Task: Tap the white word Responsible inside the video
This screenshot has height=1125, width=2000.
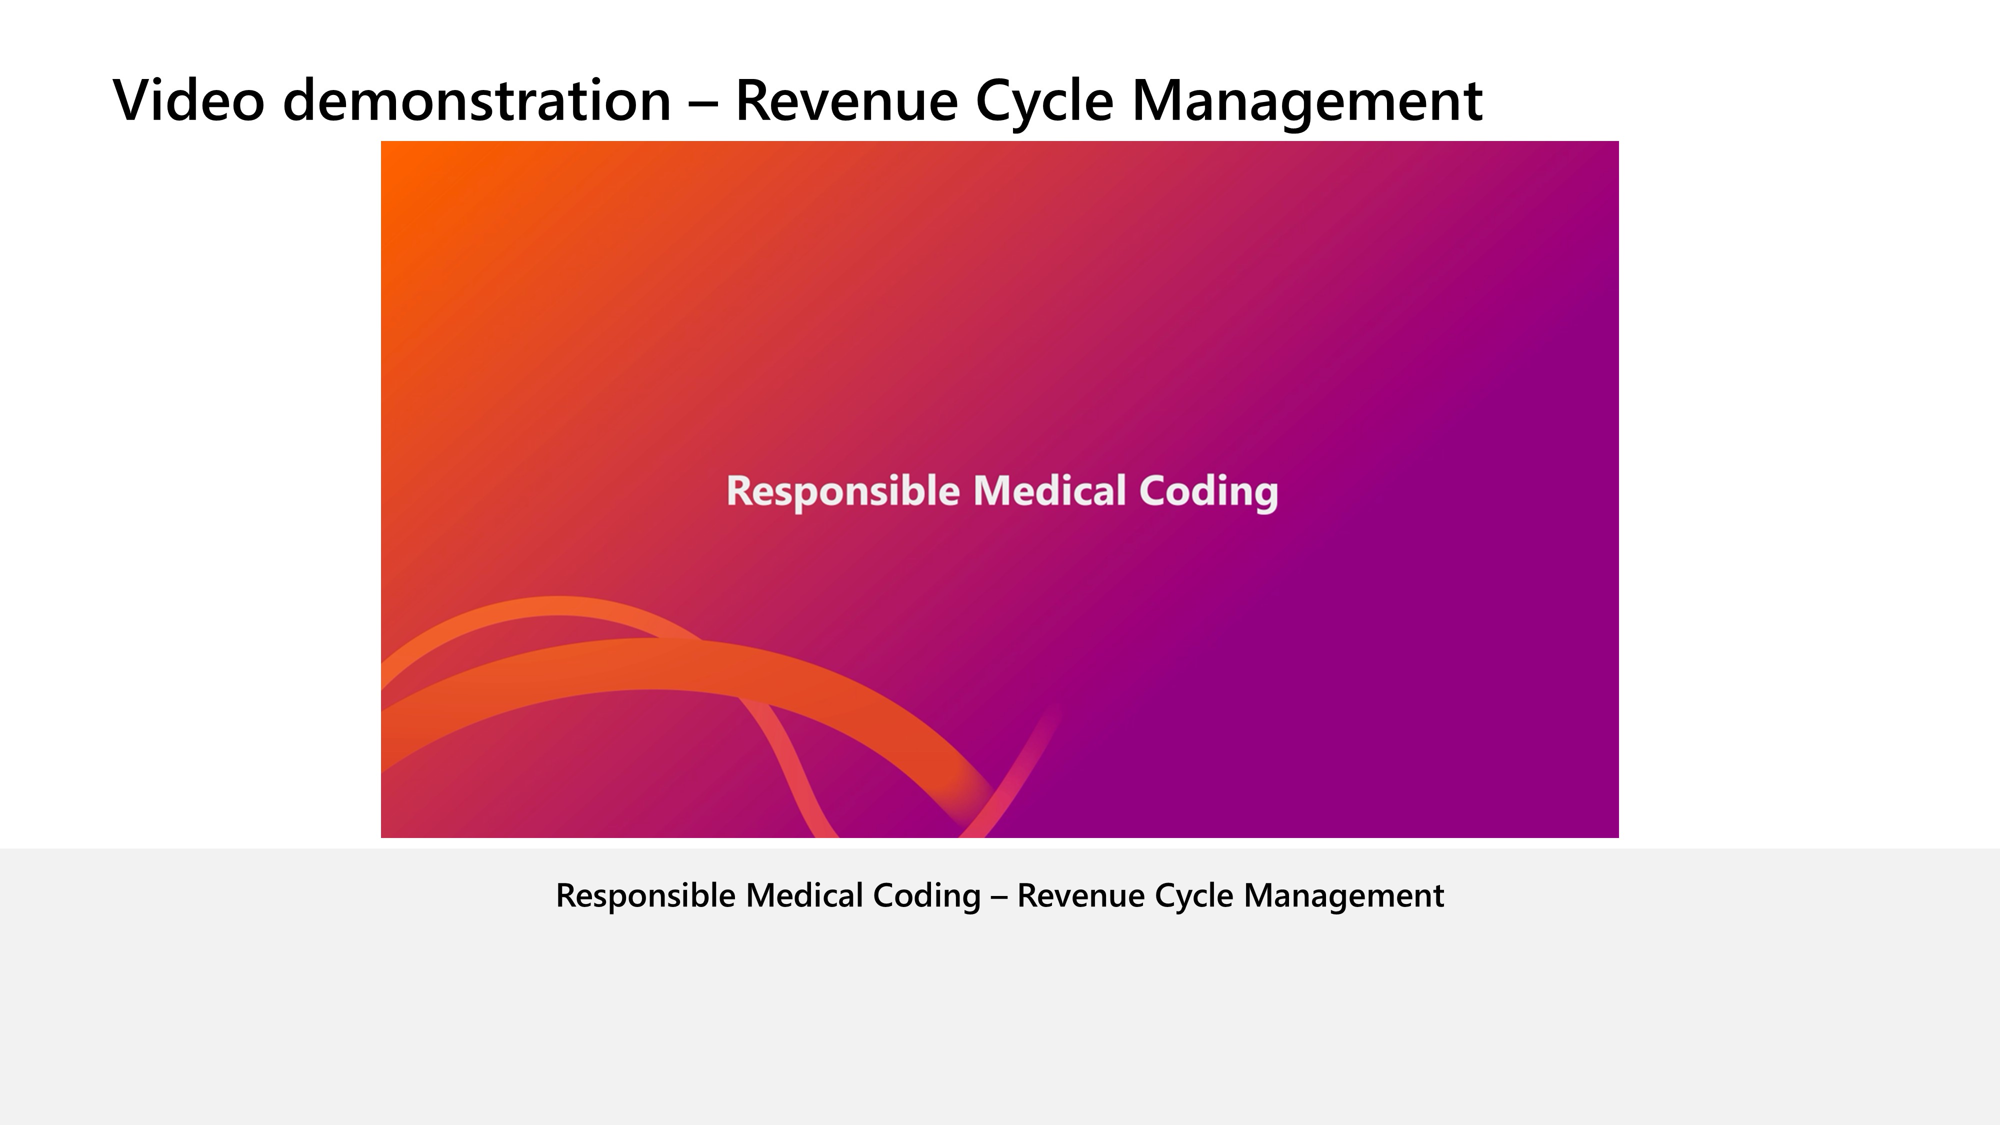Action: click(843, 492)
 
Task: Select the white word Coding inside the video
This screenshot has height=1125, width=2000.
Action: click(1209, 492)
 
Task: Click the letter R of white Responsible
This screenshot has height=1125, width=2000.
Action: click(740, 491)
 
